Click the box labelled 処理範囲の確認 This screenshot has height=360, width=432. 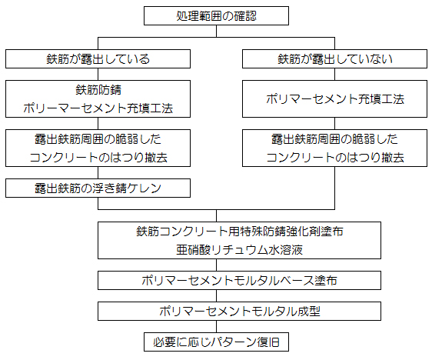coord(216,16)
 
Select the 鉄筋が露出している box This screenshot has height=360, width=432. coord(98,59)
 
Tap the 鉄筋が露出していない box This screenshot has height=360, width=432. coord(334,59)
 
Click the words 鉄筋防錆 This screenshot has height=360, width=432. coord(98,90)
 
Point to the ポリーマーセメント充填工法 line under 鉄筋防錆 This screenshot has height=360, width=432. coord(98,108)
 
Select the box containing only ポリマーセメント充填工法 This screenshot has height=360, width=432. coord(334,99)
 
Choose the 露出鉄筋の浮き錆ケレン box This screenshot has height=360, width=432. coord(98,188)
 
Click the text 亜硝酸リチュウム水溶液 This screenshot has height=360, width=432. coord(239,250)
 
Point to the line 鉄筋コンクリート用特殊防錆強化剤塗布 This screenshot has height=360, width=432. coord(240,232)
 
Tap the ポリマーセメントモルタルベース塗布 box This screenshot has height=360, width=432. coord(239,280)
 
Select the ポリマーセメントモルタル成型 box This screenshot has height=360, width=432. coord(239,312)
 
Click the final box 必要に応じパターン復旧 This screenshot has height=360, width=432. coord(216,342)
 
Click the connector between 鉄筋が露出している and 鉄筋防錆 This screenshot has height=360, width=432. coord(98,75)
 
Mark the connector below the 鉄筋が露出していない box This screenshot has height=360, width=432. coord(334,75)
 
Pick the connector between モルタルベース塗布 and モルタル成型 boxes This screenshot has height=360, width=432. coord(216,296)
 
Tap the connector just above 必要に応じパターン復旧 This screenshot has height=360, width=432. coord(216,327)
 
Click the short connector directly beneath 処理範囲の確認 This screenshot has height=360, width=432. coord(216,31)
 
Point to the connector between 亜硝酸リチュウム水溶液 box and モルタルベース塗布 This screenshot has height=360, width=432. coord(216,265)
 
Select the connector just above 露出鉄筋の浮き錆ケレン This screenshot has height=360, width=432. coord(98,172)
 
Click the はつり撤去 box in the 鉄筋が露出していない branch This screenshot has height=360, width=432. coord(334,148)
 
